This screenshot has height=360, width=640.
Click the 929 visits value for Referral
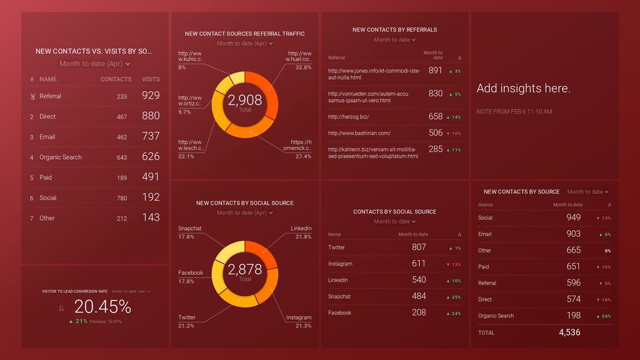click(150, 96)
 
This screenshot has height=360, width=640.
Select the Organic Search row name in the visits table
click(60, 157)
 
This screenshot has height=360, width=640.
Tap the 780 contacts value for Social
click(121, 198)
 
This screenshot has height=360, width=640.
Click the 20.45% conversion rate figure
click(102, 307)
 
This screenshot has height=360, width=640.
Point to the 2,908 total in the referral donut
click(245, 100)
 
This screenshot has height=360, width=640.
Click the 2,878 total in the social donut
click(245, 269)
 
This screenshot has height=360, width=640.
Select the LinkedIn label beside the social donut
click(301, 229)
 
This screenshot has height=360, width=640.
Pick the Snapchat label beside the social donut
click(189, 229)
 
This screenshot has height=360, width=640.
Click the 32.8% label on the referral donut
click(303, 67)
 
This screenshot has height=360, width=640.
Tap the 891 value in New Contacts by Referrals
click(436, 71)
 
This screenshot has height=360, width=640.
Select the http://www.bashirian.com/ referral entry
click(359, 132)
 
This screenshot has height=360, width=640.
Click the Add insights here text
click(523, 89)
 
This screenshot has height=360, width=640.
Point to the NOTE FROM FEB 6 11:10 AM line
click(514, 112)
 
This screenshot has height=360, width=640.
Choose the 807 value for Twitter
click(419, 247)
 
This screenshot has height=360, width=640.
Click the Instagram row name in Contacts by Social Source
click(340, 264)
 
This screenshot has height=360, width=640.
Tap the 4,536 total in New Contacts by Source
click(569, 332)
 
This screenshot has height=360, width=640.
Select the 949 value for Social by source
click(573, 217)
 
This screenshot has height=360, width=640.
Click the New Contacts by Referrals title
click(394, 29)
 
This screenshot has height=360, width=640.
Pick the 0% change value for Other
click(607, 251)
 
